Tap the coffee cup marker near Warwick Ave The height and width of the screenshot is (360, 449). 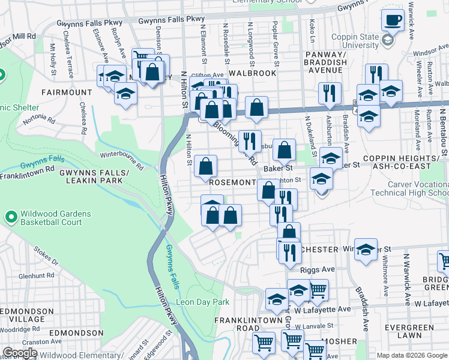tap(393, 22)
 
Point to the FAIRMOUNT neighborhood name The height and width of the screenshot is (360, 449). tap(67, 92)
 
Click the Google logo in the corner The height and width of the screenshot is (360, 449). tap(20, 353)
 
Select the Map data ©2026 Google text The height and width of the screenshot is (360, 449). tap(411, 355)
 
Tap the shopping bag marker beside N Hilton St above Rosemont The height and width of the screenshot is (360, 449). tap(205, 166)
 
